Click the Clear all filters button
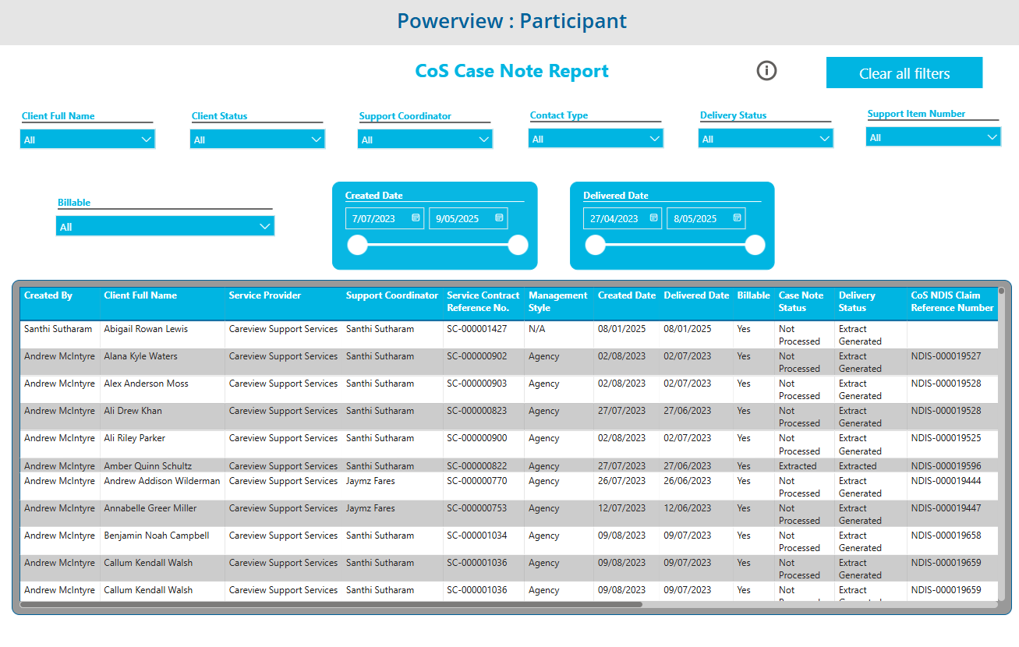pyautogui.click(x=904, y=72)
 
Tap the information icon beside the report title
pyautogui.click(x=766, y=71)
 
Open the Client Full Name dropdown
pyautogui.click(x=87, y=140)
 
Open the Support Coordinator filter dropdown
pyautogui.click(x=425, y=140)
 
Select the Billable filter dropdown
pyautogui.click(x=165, y=226)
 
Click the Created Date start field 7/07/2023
pyautogui.click(x=384, y=218)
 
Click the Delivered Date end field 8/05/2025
pyautogui.click(x=706, y=218)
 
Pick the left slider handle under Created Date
pyautogui.click(x=358, y=246)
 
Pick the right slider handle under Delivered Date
pyautogui.click(x=755, y=246)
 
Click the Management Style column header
pyautogui.click(x=557, y=301)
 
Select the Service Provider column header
pyautogui.click(x=265, y=295)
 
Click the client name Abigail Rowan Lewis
pyautogui.click(x=146, y=329)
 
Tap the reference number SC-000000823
pyautogui.click(x=476, y=411)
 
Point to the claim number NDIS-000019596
pyautogui.click(x=946, y=466)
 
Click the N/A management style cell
pyautogui.click(x=537, y=329)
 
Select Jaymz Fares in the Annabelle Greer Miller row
pyautogui.click(x=370, y=508)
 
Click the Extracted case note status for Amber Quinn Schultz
pyautogui.click(x=798, y=466)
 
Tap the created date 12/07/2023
pyautogui.click(x=621, y=508)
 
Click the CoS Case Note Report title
pyautogui.click(x=511, y=71)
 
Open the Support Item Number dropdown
pyautogui.click(x=933, y=137)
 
